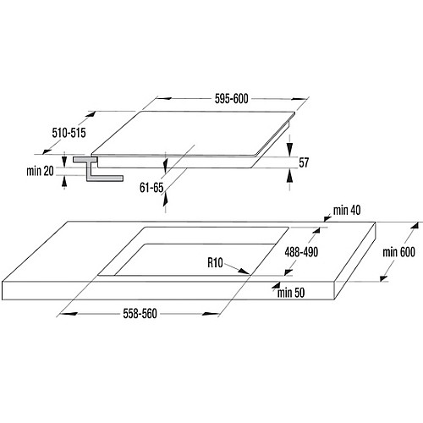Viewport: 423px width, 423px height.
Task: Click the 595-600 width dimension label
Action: tap(232, 99)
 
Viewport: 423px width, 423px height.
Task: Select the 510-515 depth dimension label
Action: tap(69, 133)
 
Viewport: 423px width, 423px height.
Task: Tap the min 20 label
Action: tap(40, 171)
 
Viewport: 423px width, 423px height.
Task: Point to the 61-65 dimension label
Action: tap(151, 188)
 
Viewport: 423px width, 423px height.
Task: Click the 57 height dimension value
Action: tap(304, 162)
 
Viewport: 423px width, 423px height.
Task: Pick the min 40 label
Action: tap(347, 211)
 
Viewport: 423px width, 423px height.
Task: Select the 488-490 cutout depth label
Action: tap(301, 252)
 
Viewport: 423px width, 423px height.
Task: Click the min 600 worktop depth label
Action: tap(398, 252)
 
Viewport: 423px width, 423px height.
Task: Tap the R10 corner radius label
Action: tap(215, 263)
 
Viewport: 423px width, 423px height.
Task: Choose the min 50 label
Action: tap(291, 293)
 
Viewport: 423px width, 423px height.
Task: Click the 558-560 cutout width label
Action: tap(140, 314)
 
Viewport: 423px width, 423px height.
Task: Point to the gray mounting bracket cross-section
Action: tap(96, 169)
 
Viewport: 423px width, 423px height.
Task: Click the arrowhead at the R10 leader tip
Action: tap(244, 271)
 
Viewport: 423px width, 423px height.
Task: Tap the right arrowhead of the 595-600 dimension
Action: tap(299, 99)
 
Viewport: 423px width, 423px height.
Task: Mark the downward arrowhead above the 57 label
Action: tap(289, 150)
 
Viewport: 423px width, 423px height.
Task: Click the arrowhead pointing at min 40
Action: tap(327, 218)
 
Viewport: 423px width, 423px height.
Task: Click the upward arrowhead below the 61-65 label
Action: tap(166, 198)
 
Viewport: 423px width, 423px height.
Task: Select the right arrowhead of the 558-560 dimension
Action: tap(211, 314)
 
